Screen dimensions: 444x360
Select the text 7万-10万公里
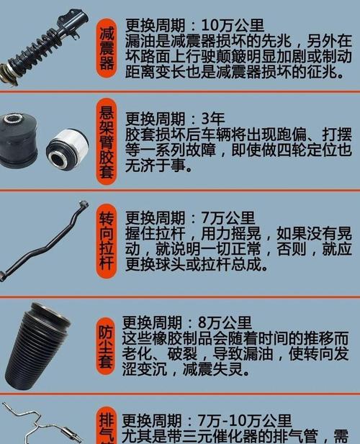coord(242,421)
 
